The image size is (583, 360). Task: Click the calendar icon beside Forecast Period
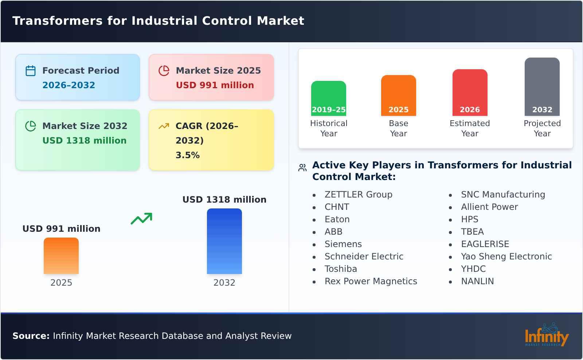click(31, 71)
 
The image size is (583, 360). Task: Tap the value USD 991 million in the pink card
click(215, 85)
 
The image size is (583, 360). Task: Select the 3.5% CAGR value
click(187, 155)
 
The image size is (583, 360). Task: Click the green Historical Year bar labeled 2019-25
click(328, 98)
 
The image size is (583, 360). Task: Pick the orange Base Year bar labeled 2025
click(398, 95)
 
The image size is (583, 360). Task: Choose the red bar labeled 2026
click(470, 93)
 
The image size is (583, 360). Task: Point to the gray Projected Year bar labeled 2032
click(542, 87)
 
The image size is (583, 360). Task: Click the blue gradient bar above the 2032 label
click(224, 241)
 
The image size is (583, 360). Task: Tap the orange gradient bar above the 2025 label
click(61, 256)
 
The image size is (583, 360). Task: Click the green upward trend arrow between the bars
click(141, 219)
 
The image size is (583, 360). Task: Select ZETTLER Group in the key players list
click(358, 195)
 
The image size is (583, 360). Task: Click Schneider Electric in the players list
click(364, 257)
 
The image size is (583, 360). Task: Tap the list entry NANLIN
click(477, 281)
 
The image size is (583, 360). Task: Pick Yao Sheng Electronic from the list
click(506, 257)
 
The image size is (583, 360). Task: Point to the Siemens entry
click(343, 244)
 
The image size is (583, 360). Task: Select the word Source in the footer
click(31, 336)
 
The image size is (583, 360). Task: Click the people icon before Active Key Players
click(302, 168)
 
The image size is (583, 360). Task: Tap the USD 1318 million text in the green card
click(84, 141)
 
